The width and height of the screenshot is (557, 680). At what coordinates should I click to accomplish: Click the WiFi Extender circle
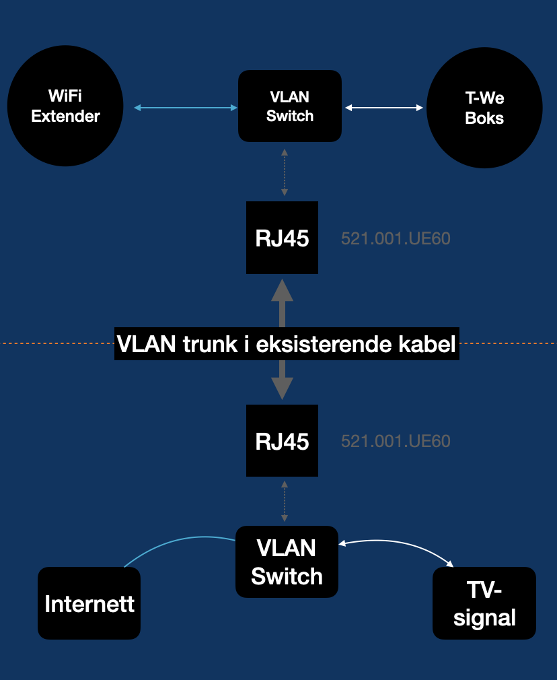(65, 106)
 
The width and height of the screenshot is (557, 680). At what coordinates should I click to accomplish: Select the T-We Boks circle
(484, 108)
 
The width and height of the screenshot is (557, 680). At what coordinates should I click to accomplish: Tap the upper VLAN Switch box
(290, 106)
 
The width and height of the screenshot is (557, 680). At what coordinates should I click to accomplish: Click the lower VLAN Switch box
(287, 562)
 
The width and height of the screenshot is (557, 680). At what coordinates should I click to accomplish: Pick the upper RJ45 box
(282, 238)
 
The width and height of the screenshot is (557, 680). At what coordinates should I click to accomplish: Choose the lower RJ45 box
(282, 440)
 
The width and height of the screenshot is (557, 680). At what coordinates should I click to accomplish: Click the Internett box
(89, 603)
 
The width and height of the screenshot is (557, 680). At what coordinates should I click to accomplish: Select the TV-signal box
(484, 603)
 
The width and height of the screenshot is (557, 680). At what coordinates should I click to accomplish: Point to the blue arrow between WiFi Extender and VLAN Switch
(186, 108)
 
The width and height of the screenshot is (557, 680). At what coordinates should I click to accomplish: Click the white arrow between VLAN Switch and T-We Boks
(384, 108)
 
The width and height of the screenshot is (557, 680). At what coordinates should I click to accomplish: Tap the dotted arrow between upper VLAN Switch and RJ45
(285, 172)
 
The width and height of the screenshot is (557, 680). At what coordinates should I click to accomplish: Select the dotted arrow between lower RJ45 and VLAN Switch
(285, 501)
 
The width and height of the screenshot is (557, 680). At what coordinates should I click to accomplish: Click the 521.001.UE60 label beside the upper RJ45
(396, 238)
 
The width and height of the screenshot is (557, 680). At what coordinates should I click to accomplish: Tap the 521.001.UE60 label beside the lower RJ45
(396, 442)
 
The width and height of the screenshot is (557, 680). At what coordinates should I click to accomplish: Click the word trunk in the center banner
(210, 344)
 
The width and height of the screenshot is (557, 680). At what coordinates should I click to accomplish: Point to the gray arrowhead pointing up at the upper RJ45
(282, 290)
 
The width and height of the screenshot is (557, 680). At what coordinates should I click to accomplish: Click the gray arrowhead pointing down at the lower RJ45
(282, 388)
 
